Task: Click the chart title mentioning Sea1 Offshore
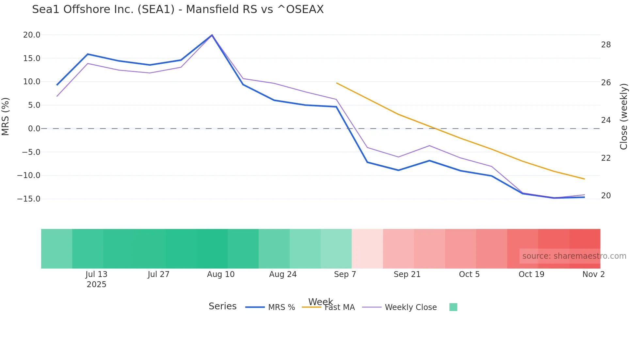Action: (x=178, y=9)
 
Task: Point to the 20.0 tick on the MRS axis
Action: (x=32, y=35)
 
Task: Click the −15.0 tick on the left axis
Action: (x=29, y=199)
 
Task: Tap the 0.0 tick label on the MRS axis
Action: (x=34, y=129)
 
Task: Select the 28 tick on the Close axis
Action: (x=606, y=45)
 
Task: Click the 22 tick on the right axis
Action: (x=606, y=158)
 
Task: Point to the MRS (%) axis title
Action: (x=6, y=117)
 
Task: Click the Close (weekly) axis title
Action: (x=623, y=117)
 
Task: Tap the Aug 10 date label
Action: (x=221, y=274)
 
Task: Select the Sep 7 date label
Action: (x=345, y=274)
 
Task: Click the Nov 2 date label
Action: (x=593, y=274)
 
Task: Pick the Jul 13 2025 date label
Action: (x=96, y=279)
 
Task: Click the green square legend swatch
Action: (x=453, y=307)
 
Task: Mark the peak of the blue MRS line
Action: (x=212, y=35)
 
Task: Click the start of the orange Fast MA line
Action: (x=337, y=83)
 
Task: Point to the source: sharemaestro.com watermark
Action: (x=574, y=256)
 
